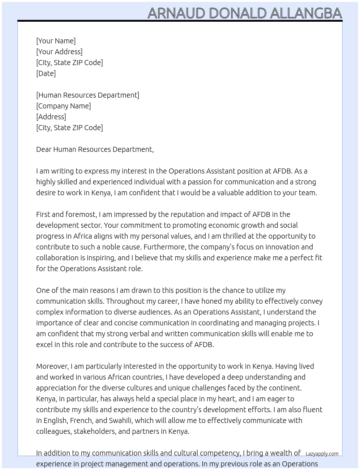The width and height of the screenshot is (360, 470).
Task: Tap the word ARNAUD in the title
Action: [176, 13]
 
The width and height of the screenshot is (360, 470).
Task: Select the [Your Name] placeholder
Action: [56, 41]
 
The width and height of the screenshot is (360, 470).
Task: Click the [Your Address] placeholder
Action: [59, 52]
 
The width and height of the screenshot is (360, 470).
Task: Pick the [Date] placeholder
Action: [46, 73]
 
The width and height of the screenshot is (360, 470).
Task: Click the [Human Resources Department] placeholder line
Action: [87, 95]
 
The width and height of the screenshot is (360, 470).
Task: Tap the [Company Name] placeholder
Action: [63, 106]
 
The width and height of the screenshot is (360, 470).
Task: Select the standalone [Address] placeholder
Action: [51, 117]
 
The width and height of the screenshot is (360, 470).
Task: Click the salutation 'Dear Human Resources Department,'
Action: [95, 149]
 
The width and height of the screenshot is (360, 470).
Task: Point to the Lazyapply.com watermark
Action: [322, 454]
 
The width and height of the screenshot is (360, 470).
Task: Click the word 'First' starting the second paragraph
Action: [43, 214]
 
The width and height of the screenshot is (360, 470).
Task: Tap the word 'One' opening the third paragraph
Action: [43, 290]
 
